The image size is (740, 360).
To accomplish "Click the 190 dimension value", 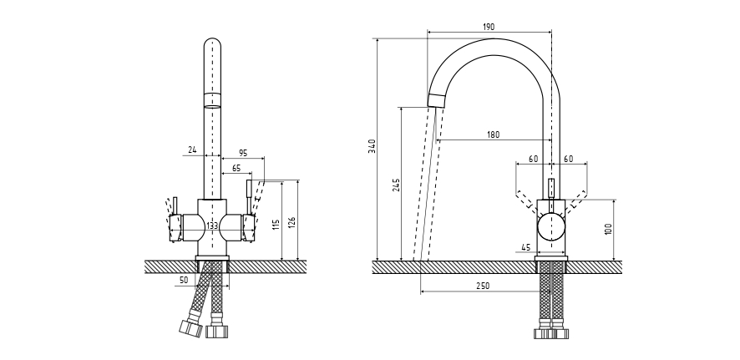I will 489,27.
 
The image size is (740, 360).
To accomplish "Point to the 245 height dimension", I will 396,185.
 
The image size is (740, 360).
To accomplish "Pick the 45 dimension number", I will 525,246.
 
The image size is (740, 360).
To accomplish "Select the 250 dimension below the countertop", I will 484,286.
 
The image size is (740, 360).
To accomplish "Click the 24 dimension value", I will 192,150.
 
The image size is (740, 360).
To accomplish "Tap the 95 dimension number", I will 243,152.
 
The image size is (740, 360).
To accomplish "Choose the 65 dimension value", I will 237,168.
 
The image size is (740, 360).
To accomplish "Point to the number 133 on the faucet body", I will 212,226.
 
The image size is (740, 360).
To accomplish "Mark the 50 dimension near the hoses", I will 183,280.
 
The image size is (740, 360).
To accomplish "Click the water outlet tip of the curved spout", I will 437,102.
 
